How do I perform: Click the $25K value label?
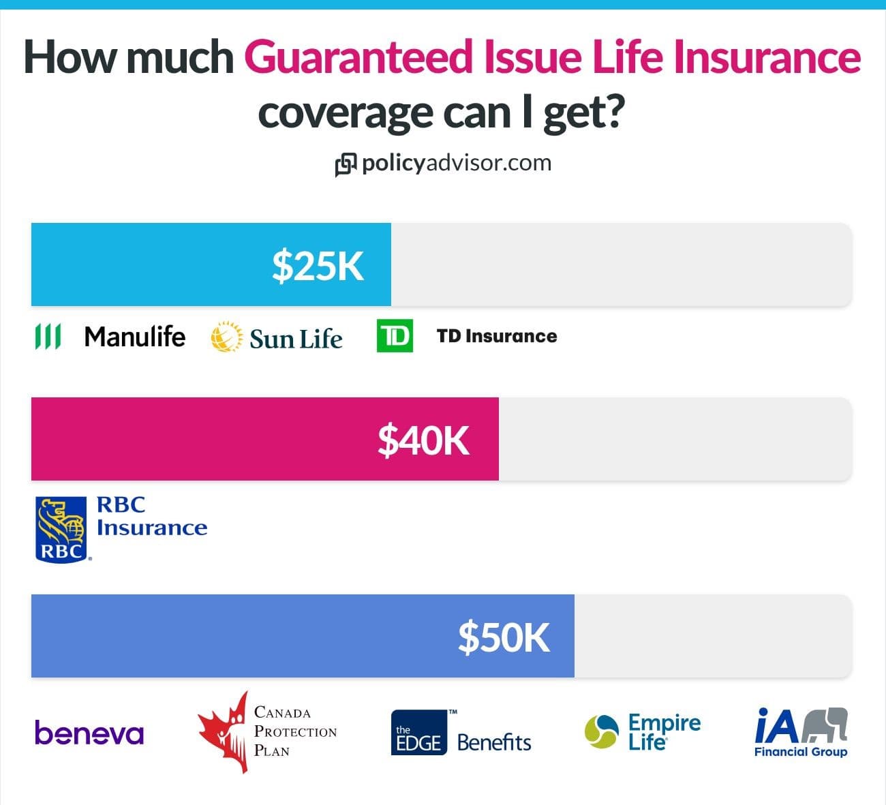[318, 265]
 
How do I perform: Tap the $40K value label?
[423, 440]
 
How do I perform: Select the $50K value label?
[504, 637]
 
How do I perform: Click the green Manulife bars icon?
[48, 336]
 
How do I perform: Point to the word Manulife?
[134, 336]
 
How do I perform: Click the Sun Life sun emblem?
[226, 337]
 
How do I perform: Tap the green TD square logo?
[395, 336]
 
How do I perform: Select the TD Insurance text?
[496, 336]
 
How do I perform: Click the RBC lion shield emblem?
[61, 529]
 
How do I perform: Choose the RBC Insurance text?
[151, 516]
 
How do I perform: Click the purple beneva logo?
[89, 733]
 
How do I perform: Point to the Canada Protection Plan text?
[294, 731]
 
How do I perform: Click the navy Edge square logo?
[419, 733]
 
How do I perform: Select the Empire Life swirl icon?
[602, 731]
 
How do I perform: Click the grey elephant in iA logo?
[825, 725]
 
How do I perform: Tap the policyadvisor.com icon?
[346, 164]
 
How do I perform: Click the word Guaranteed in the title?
[358, 57]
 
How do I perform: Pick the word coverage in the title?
[345, 112]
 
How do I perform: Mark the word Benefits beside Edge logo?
[494, 742]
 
